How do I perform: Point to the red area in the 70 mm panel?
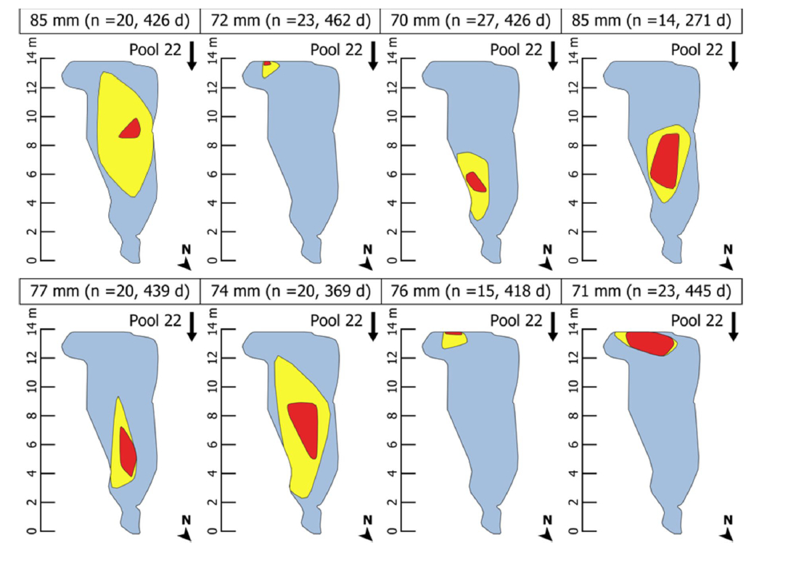pyautogui.click(x=476, y=181)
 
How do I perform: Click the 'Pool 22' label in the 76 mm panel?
pyautogui.click(x=515, y=320)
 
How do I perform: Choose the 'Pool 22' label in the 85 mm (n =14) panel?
pyautogui.click(x=697, y=49)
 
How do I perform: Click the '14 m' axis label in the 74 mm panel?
pyautogui.click(x=212, y=325)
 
